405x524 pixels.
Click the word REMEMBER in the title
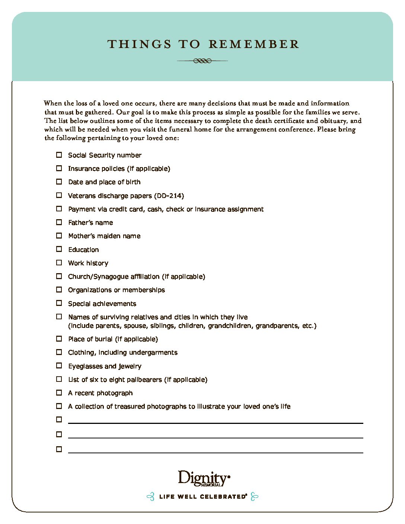coord(254,44)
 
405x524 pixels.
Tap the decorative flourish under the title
coord(202,61)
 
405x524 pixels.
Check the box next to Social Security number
coord(59,155)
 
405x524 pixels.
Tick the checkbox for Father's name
coord(59,222)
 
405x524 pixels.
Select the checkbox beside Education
coord(59,249)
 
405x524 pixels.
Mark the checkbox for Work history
coord(59,263)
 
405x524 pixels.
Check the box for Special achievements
coord(59,303)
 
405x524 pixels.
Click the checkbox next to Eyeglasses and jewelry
coord(59,365)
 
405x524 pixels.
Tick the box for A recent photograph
coord(59,393)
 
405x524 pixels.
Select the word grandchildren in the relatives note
coord(230,326)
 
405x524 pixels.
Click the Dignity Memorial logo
coord(204,479)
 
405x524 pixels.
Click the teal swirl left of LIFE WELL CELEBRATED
coord(150,496)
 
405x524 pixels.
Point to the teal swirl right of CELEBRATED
coord(255,496)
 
